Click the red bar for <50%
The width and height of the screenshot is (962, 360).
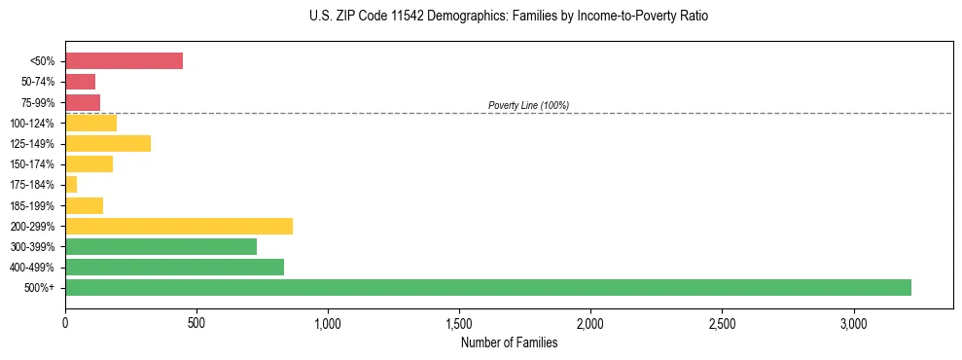124,61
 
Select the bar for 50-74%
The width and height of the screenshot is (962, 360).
80,82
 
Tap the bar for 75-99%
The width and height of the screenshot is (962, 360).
83,102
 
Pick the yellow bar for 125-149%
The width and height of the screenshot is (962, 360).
108,143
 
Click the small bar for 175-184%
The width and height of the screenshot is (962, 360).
71,184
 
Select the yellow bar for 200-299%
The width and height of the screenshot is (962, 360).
179,226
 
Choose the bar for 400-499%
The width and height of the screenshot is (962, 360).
174,267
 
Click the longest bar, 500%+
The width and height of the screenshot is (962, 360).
487,287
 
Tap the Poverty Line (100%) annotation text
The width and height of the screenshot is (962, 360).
528,105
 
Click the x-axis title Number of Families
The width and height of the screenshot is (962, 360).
509,342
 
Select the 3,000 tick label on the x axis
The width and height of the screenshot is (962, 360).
853,321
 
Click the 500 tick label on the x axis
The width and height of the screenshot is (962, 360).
196,321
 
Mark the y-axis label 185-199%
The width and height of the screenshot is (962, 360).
39,205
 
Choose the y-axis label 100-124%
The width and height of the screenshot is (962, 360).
39,124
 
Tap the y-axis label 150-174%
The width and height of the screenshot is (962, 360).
39,164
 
